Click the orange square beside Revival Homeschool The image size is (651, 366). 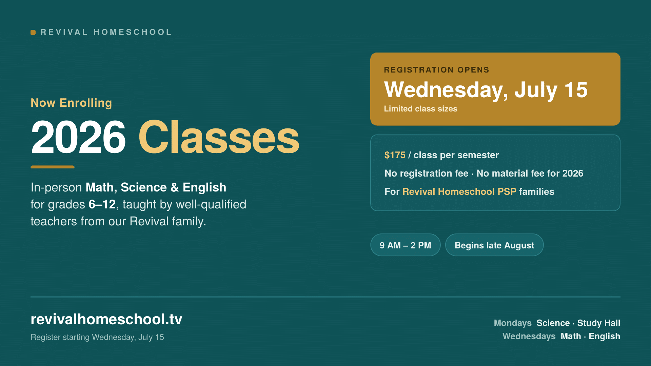point(33,32)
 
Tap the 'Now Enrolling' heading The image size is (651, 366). point(71,103)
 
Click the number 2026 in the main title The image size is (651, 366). point(78,138)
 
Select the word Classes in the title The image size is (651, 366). point(219,138)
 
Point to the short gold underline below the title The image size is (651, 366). point(53,167)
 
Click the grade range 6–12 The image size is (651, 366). point(102,204)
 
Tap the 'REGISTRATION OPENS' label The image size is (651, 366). point(436,70)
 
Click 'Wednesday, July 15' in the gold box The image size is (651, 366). point(486,90)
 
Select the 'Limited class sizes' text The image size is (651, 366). point(420,109)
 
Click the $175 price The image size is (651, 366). point(395,155)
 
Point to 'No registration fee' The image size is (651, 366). point(426,174)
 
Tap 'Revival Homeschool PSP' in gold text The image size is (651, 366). point(459,192)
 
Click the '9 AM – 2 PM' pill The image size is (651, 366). point(406,245)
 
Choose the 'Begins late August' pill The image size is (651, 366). point(494,245)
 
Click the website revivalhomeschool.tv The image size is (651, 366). point(106,319)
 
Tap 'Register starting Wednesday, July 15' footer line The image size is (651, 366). point(97,337)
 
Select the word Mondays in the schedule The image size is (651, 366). point(513,323)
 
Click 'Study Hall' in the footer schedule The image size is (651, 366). point(599,323)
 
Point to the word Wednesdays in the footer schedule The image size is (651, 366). point(529,336)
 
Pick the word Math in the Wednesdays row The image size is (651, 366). point(571,336)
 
